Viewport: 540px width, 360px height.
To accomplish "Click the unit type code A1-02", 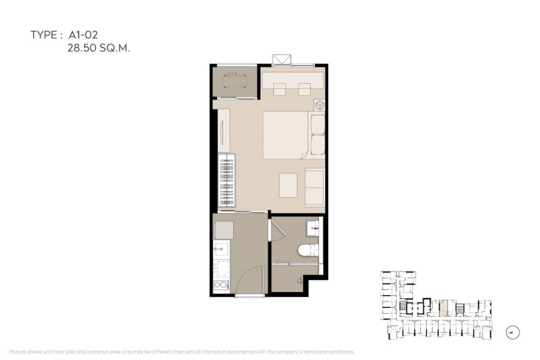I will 83,35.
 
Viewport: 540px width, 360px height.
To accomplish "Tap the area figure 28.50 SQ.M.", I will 99,48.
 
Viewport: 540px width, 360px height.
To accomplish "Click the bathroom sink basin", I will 312,228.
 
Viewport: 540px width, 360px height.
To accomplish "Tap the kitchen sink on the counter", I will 221,249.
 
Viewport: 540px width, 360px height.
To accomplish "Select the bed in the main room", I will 286,135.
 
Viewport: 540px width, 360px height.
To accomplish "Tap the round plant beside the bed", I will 319,104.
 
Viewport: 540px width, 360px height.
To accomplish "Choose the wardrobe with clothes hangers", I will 225,180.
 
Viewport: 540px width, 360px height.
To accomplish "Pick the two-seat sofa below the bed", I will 315,187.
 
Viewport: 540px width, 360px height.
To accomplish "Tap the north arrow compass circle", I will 512,333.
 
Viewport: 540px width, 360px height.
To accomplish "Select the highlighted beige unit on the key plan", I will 444,307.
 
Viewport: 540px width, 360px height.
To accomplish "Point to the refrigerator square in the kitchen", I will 224,230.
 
